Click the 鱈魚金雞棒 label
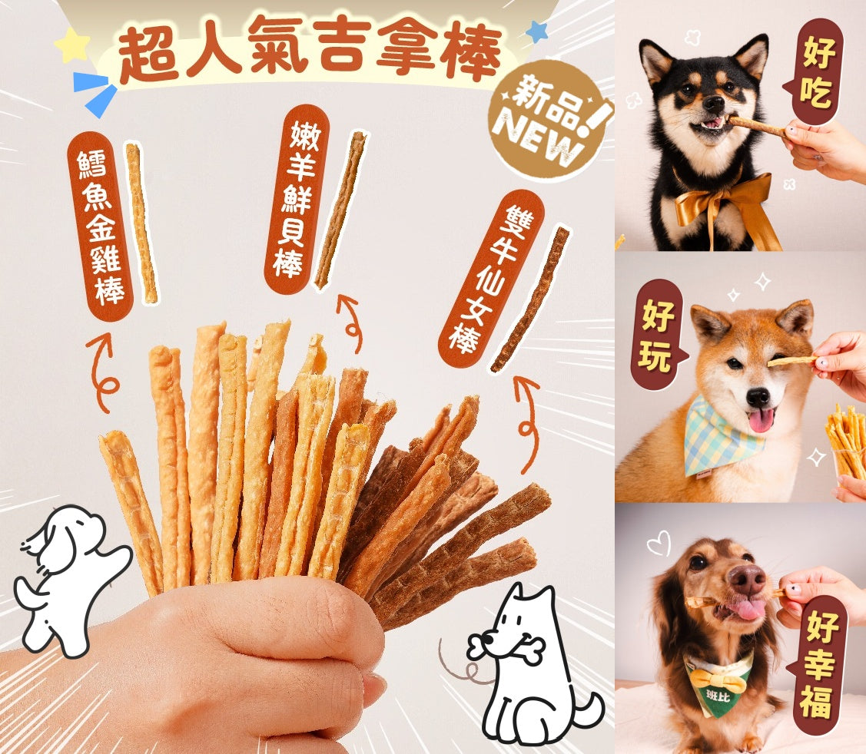[x=100, y=227]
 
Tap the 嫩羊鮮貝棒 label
[x=297, y=199]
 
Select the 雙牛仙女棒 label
[x=491, y=279]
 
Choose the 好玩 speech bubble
[x=659, y=335]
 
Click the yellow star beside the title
[x=72, y=45]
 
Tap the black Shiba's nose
[x=713, y=103]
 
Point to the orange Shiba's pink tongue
[x=761, y=419]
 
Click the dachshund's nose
[x=745, y=578]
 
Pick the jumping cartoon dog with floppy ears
[x=71, y=580]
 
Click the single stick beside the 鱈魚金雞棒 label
[x=141, y=223]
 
